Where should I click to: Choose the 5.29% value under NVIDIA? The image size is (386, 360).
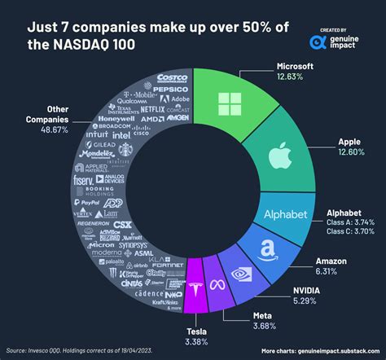(302, 300)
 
